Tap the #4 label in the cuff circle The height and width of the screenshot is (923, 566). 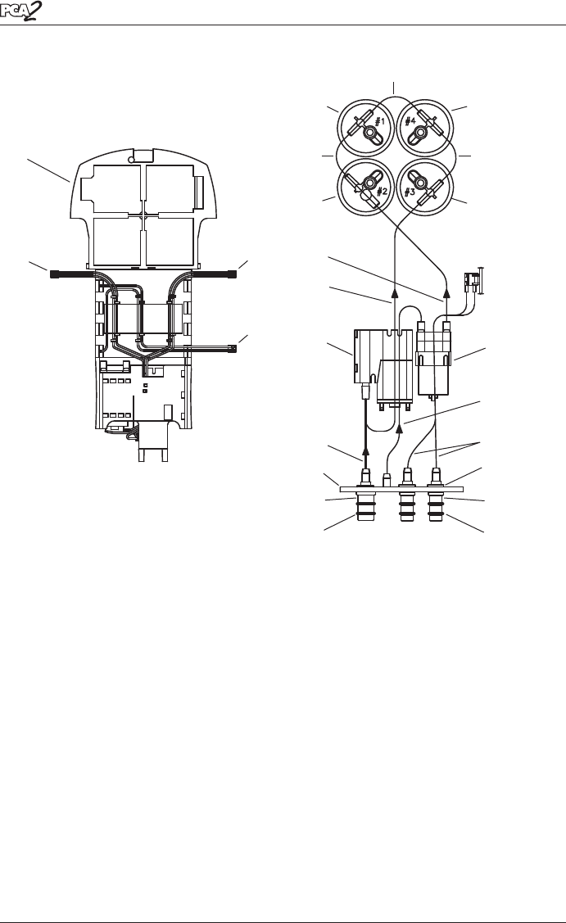point(410,122)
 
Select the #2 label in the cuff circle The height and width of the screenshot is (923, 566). point(382,192)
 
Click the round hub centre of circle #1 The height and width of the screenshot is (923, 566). point(370,133)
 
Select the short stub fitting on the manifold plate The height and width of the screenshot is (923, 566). point(387,479)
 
